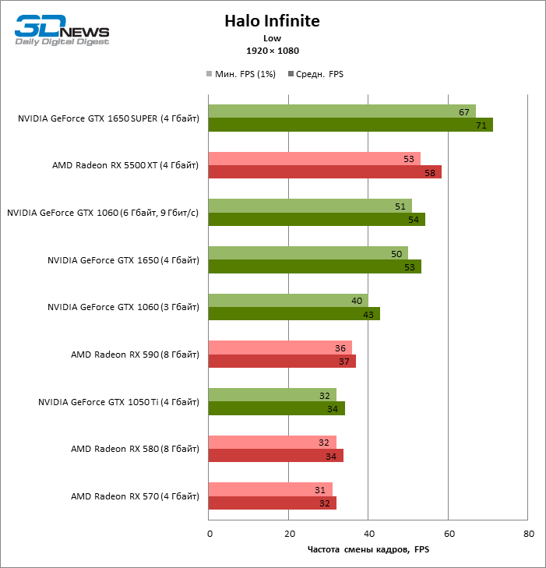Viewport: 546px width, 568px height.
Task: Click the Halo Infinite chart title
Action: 272,21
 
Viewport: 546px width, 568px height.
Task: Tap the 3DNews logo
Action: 62,31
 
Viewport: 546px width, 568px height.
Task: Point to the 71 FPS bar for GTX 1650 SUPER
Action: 350,125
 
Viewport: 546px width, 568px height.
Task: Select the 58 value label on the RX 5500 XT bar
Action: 431,172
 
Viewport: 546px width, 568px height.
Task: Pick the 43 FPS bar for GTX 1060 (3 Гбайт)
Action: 294,314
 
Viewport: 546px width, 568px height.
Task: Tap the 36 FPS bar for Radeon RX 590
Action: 280,348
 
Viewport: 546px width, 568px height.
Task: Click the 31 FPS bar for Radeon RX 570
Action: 270,489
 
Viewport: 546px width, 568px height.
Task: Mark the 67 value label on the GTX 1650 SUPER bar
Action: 464,112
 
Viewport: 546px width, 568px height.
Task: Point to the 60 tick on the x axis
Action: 448,534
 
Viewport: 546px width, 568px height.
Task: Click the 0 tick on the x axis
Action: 209,534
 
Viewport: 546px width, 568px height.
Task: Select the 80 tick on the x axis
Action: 528,534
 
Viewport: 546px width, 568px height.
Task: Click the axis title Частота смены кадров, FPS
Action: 368,550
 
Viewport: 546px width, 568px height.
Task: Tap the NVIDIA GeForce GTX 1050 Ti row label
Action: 118,402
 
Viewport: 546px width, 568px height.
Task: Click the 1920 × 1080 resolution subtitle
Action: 273,51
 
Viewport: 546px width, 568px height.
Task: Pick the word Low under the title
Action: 273,37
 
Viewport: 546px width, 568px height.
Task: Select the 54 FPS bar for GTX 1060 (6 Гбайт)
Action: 315,220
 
